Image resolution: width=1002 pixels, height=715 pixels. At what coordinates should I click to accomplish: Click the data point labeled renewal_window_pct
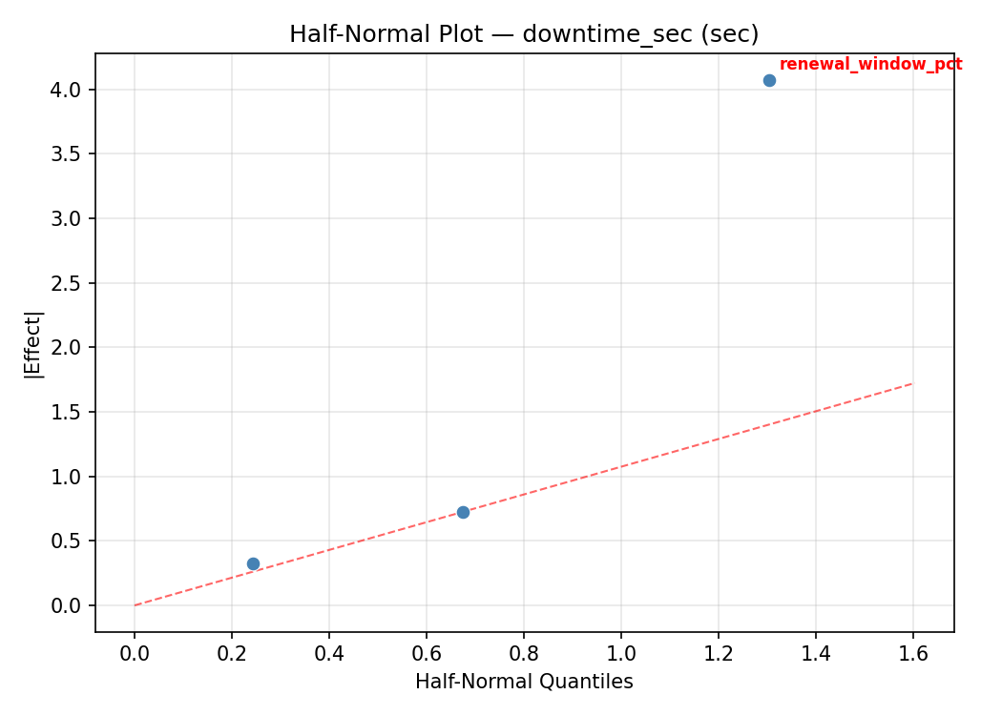pos(769,80)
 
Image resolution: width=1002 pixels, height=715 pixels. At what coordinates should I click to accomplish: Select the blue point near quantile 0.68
pos(463,512)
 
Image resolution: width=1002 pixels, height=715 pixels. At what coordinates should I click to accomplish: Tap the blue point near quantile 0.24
pos(253,563)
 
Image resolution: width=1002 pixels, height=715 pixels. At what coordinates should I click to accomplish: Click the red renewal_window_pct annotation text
pos(870,65)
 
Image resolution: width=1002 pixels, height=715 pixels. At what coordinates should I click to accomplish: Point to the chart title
pos(524,34)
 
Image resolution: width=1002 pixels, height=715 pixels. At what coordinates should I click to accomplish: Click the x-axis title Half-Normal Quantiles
pos(524,682)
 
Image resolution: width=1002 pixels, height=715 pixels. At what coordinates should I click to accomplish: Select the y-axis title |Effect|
pos(34,345)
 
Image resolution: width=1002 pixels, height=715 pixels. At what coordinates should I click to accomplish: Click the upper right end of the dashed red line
pos(912,383)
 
